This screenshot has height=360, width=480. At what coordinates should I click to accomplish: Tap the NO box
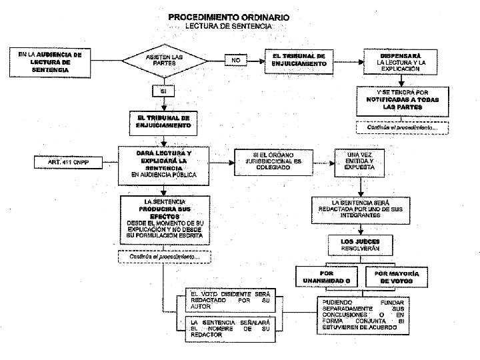[235, 60]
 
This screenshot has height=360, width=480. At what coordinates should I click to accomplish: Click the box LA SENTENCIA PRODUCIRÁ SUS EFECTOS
[163, 220]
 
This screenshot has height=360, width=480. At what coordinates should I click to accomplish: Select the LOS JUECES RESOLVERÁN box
[360, 244]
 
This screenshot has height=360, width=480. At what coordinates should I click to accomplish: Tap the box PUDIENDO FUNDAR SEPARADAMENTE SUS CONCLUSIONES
[360, 315]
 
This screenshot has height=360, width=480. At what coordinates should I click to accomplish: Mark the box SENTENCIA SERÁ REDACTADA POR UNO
[360, 209]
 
